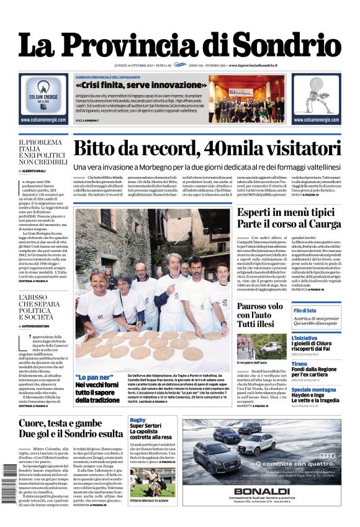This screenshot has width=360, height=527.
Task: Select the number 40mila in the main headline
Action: click(x=220, y=150)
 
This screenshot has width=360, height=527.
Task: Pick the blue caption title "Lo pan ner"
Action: click(x=94, y=377)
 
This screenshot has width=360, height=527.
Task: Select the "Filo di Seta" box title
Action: click(x=305, y=310)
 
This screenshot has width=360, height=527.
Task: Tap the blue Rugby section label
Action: click(x=137, y=420)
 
